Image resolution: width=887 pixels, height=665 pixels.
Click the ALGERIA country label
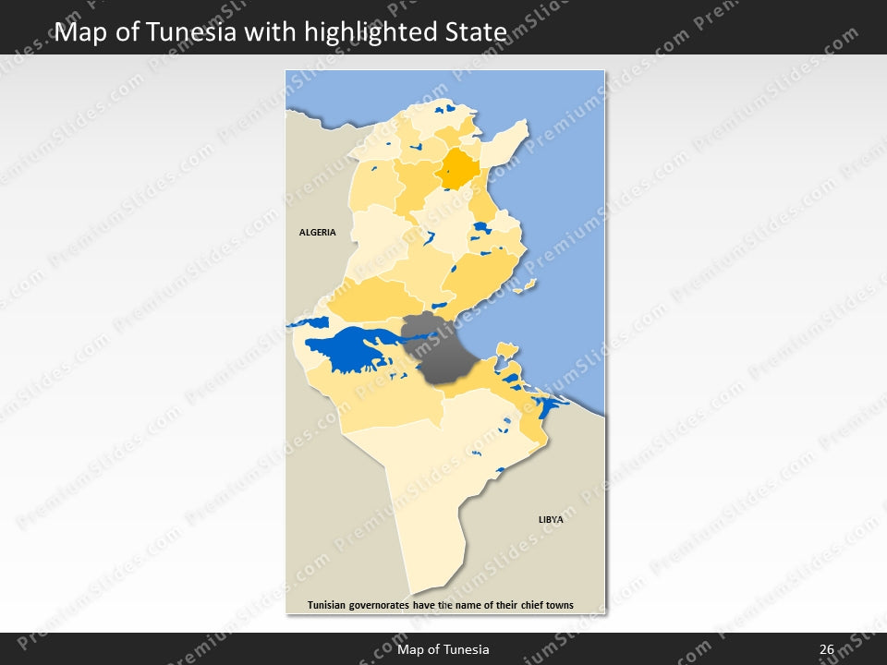pos(317,233)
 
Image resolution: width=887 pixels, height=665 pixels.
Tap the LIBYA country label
pos(551,520)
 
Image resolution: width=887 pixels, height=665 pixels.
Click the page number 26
pos(826,650)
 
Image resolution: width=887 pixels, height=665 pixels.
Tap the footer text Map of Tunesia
pos(443,650)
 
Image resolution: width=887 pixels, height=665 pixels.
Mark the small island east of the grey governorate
pos(504,349)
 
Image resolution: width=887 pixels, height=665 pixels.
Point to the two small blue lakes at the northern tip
pos(447,110)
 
